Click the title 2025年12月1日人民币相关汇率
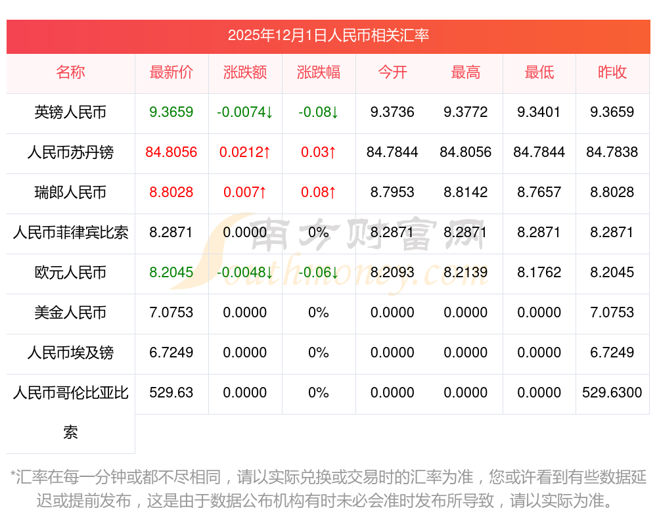pyautogui.click(x=328, y=35)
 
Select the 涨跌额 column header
pyautogui.click(x=245, y=72)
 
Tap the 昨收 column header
pyautogui.click(x=612, y=72)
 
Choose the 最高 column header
pyautogui.click(x=466, y=72)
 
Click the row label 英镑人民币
pyautogui.click(x=70, y=112)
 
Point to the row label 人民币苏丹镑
pyautogui.click(x=70, y=152)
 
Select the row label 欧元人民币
pyautogui.click(x=70, y=273)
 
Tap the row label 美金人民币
pyautogui.click(x=70, y=313)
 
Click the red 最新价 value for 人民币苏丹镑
pyautogui.click(x=171, y=152)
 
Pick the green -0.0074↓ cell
pyautogui.click(x=245, y=112)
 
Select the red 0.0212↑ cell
pyautogui.click(x=245, y=152)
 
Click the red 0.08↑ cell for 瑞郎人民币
pyautogui.click(x=319, y=193)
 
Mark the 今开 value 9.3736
pyautogui.click(x=392, y=112)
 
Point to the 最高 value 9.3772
pyautogui.click(x=466, y=112)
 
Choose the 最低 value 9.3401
pyautogui.click(x=539, y=112)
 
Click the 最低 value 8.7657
pyautogui.click(x=539, y=193)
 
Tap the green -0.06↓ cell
pyautogui.click(x=319, y=273)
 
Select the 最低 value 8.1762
pyautogui.click(x=539, y=273)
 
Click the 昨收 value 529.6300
pyautogui.click(x=612, y=393)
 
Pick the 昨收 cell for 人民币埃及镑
pyautogui.click(x=612, y=353)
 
